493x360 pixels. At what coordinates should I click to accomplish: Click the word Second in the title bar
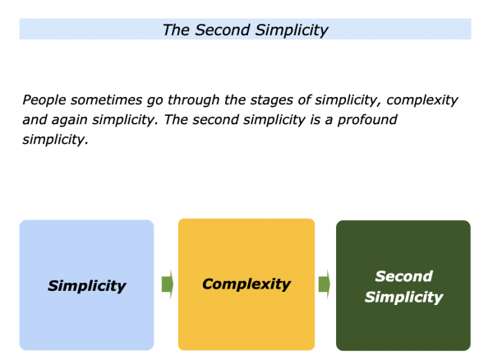[x=223, y=30]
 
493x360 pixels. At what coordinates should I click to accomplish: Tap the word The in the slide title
[x=176, y=30]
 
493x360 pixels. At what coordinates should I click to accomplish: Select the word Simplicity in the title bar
[x=292, y=30]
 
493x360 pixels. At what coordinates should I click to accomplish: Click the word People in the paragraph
[x=44, y=100]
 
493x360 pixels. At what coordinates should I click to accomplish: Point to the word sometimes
[x=106, y=100]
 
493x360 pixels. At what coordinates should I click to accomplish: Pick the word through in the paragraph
[x=193, y=100]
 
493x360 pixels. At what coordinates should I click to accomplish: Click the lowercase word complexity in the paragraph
[x=422, y=100]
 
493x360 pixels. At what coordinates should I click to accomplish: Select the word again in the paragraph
[x=70, y=121]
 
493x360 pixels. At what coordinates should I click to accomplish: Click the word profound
[x=367, y=120]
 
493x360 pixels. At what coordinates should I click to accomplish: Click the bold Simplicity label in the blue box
[x=87, y=286]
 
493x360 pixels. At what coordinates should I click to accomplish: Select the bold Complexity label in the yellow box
[x=246, y=284]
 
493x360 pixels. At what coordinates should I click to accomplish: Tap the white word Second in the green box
[x=403, y=276]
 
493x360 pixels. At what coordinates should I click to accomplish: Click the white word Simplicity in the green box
[x=403, y=298]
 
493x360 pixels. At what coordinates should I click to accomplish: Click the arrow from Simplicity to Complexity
[x=168, y=284]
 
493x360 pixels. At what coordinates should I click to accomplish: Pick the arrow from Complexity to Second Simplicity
[x=325, y=284]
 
